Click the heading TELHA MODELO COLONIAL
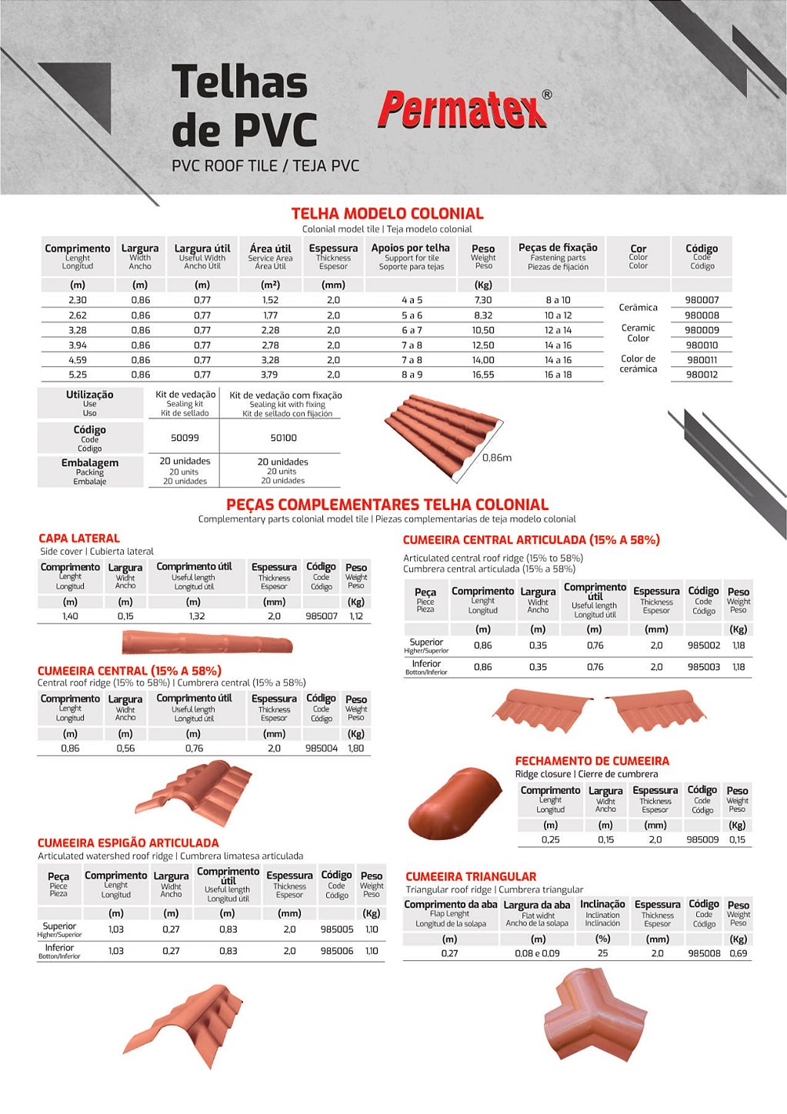pos(387,214)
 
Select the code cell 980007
pos(702,300)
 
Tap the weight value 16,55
pos(483,375)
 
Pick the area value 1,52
pos(270,300)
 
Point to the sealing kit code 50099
pos(185,438)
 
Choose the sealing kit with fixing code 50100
pos(283,438)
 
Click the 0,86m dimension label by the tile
pos(497,458)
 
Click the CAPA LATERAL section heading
pos(79,539)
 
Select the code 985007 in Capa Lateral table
pos(321,616)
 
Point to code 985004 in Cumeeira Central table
pos(321,748)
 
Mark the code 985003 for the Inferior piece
pos(703,667)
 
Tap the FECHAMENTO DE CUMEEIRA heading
pos(592,761)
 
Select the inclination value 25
pos(602,953)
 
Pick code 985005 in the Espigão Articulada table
pos(336,929)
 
